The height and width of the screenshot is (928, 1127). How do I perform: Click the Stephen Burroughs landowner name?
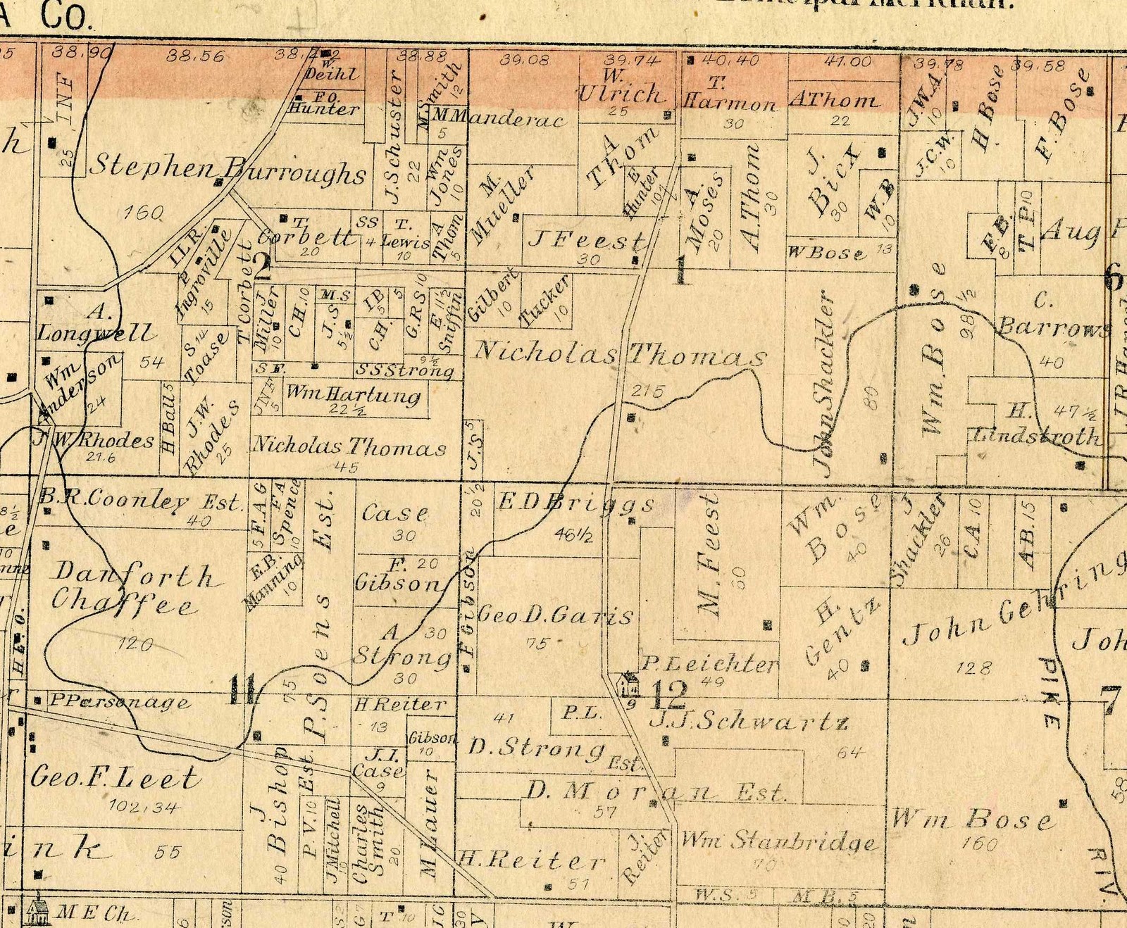[229, 169]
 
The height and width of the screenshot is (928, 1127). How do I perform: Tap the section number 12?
[668, 695]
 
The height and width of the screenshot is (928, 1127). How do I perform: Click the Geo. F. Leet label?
[116, 777]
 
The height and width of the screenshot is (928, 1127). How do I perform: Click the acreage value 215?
[647, 391]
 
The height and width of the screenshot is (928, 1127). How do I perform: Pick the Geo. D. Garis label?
[555, 615]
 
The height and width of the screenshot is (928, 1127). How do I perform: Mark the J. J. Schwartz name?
[748, 720]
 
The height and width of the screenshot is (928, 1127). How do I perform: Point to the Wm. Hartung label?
[354, 394]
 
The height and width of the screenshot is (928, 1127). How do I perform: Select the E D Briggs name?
[576, 503]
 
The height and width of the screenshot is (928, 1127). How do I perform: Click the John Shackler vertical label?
[825, 380]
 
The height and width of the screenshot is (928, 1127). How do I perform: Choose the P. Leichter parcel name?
[710, 663]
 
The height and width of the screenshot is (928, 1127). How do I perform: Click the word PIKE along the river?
[1049, 694]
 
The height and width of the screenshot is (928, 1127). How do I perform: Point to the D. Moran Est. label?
[655, 791]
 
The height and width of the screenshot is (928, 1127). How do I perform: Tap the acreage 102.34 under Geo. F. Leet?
[144, 807]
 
